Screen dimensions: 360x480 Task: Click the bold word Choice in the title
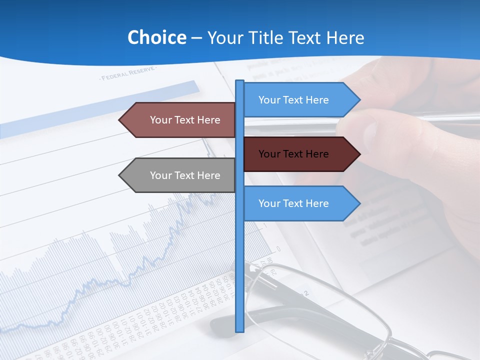(156, 37)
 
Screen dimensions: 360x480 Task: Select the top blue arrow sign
(300, 99)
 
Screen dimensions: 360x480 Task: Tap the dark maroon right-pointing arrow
(300, 154)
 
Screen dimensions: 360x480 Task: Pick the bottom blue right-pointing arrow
(300, 203)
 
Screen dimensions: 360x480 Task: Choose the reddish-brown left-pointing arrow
(180, 120)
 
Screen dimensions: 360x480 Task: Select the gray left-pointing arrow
(180, 175)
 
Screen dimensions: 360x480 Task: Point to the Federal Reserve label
(128, 75)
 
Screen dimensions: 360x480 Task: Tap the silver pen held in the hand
(440, 118)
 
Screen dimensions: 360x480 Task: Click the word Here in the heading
(345, 37)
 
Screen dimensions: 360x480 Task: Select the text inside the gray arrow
(185, 175)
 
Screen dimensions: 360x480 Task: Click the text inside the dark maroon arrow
(293, 154)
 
